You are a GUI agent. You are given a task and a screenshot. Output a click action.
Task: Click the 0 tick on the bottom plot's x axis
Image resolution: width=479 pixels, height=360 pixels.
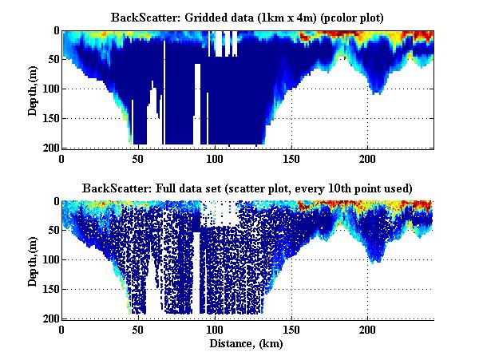[62, 329]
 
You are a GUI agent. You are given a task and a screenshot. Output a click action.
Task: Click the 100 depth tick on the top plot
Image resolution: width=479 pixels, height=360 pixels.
[50, 89]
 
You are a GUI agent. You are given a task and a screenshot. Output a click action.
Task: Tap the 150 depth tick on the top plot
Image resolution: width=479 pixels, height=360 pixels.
[50, 118]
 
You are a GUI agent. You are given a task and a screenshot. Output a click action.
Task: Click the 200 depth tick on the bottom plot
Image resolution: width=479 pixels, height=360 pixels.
[50, 318]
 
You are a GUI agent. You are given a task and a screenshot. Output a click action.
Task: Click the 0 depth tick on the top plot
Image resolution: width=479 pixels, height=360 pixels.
[56, 30]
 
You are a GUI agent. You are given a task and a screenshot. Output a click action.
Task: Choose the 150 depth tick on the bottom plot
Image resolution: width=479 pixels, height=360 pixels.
[50, 289]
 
